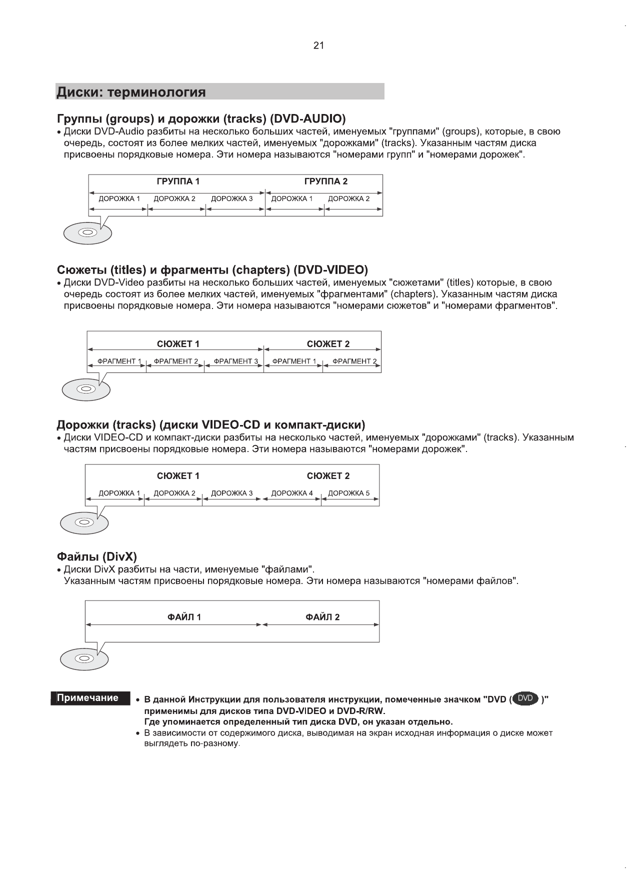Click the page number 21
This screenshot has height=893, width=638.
tap(318, 45)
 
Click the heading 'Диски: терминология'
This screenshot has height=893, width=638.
tap(131, 92)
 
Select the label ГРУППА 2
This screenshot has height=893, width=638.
tap(325, 181)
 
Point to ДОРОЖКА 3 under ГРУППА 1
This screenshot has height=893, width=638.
tap(232, 198)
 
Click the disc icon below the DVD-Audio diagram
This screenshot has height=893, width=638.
tap(87, 232)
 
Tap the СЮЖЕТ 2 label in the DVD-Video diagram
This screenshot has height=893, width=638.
tap(328, 344)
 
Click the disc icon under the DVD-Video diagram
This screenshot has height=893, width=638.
tap(85, 388)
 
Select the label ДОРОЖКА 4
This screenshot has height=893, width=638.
tap(292, 493)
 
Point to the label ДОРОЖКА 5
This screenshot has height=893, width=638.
tap(349, 493)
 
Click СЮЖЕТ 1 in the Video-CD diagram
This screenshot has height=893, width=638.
tap(178, 476)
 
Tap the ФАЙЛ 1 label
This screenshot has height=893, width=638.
tap(184, 617)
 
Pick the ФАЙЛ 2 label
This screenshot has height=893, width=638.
tap(322, 617)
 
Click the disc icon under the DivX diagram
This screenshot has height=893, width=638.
tap(84, 658)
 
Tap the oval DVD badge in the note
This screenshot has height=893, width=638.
tap(525, 698)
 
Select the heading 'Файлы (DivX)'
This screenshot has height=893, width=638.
tap(96, 557)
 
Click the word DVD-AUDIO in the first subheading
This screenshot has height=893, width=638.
tap(307, 119)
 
